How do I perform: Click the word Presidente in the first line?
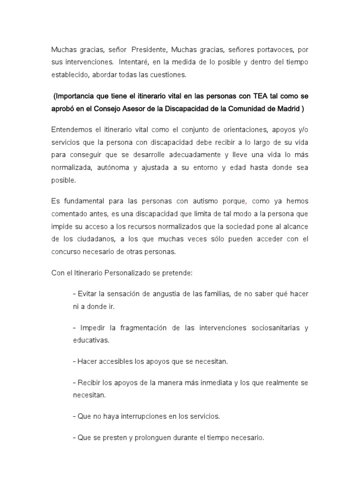click(x=149, y=50)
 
